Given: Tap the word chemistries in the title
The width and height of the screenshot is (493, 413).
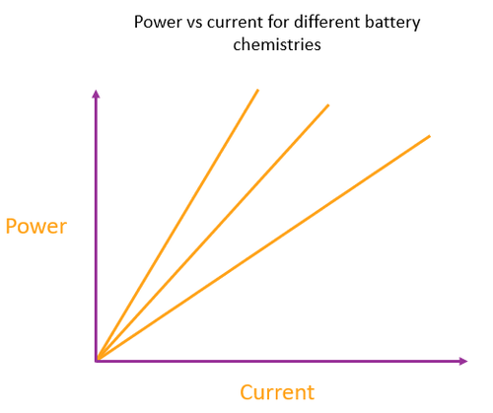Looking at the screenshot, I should (x=276, y=45).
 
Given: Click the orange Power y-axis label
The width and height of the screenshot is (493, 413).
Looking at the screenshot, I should (x=36, y=227).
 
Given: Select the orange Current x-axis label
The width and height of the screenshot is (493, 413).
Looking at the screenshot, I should (x=277, y=391).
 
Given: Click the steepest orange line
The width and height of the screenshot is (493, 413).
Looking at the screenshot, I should (x=177, y=225).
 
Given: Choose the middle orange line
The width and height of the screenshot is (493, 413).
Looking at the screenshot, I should (x=212, y=233).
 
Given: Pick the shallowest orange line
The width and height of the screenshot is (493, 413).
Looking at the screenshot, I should (x=263, y=247).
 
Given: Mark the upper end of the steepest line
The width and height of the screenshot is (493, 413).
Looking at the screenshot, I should (x=257, y=91).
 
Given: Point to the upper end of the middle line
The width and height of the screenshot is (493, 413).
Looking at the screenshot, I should (x=328, y=104).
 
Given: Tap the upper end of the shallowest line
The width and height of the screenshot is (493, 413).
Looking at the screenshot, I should (x=429, y=136).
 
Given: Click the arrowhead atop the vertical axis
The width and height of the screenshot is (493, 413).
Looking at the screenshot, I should (x=96, y=94).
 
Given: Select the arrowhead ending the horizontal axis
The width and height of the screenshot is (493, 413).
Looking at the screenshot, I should (x=462, y=361).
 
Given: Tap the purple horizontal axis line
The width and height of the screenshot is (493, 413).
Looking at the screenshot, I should (x=296, y=361).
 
